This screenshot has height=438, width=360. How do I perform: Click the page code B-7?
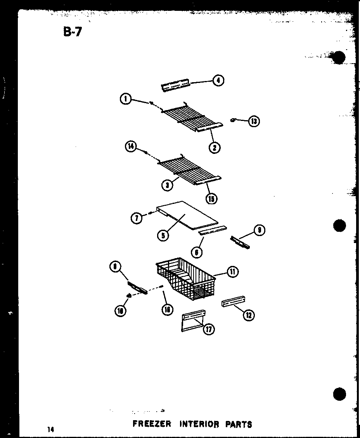[x=72, y=31]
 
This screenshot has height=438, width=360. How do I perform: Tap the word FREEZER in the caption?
[x=152, y=424]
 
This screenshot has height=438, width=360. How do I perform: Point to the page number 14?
[x=50, y=429]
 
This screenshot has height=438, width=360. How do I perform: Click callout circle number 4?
[x=218, y=81]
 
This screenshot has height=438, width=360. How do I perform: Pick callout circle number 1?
[x=125, y=99]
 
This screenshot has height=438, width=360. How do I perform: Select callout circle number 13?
[x=254, y=121]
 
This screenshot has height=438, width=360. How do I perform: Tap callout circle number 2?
[x=214, y=147]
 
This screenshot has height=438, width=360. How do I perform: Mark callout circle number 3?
[x=167, y=185]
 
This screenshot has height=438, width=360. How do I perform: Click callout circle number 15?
[x=211, y=198]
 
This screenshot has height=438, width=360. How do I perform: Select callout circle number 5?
[x=163, y=235]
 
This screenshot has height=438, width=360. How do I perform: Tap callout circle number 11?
[x=232, y=272]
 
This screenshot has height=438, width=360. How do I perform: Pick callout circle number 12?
[x=248, y=315]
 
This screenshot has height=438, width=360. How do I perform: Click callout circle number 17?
[x=209, y=329]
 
